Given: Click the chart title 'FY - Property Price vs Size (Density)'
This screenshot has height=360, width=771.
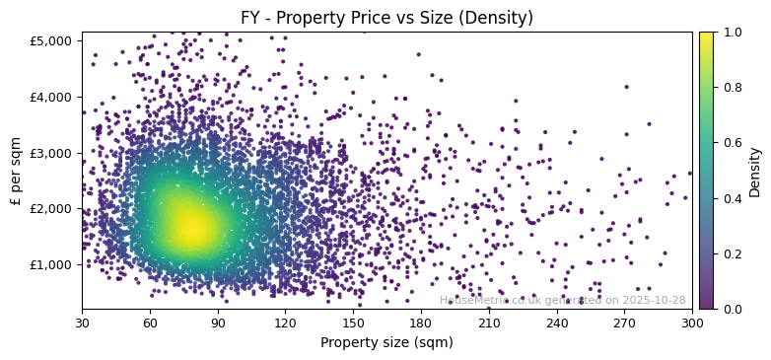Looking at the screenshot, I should click(386, 18).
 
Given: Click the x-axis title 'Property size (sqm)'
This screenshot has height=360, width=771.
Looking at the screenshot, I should click(386, 342).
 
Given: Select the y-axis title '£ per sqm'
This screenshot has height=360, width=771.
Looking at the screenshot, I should click(16, 171).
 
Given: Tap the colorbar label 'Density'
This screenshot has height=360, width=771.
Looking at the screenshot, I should click(755, 171).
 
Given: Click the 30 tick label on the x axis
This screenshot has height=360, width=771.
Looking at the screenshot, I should click(82, 322).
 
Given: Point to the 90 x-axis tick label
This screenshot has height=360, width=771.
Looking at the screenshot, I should click(218, 322).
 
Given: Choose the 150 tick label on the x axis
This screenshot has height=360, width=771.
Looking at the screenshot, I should click(353, 322).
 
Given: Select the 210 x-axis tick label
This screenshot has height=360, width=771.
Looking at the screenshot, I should click(489, 322).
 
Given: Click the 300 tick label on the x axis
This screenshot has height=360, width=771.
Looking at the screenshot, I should click(692, 322).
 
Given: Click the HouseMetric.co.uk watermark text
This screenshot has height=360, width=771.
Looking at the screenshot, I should click(562, 300).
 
